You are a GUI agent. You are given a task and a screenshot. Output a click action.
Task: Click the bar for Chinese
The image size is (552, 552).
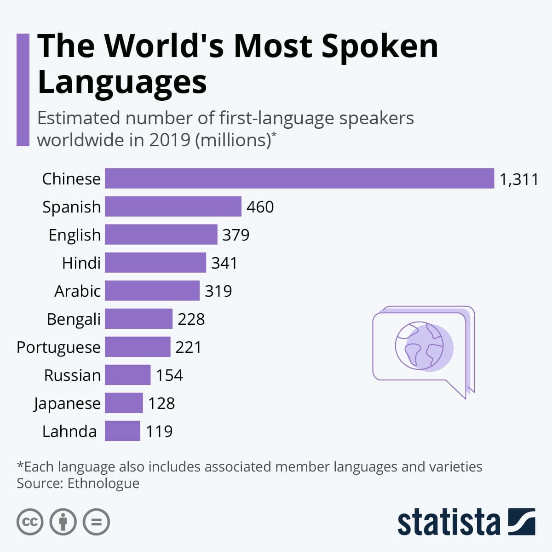(x=299, y=178)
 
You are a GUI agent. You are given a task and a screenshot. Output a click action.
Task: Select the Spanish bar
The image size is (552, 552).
(x=173, y=206)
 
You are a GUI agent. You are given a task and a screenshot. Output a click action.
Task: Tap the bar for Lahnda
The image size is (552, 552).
(x=122, y=431)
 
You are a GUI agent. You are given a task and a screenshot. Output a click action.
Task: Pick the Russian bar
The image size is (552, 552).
(x=127, y=375)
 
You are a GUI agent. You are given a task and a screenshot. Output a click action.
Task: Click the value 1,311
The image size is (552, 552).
(x=518, y=179)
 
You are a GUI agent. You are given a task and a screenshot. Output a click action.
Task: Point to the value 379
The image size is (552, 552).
(x=236, y=235)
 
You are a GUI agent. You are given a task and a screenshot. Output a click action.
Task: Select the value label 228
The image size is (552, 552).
(x=191, y=319)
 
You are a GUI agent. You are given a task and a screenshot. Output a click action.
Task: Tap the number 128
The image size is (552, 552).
(x=161, y=403)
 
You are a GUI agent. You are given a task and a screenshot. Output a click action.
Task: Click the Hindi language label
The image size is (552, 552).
(x=81, y=263)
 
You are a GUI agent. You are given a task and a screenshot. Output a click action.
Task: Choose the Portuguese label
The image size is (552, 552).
(x=58, y=347)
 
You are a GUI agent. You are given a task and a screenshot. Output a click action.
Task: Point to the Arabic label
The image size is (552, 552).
(x=77, y=291)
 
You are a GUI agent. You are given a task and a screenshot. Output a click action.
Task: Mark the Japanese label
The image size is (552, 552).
(x=67, y=403)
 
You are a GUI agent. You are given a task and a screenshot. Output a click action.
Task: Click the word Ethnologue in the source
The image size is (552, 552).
(x=103, y=483)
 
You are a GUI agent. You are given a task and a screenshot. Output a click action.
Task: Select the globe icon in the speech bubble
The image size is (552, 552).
(x=419, y=345)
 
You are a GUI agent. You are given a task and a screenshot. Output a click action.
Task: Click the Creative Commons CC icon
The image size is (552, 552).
(x=30, y=522)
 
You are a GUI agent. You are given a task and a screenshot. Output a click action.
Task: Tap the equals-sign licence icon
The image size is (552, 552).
(x=96, y=522)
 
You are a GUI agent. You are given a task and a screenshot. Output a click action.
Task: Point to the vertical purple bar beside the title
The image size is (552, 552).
(x=23, y=90)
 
